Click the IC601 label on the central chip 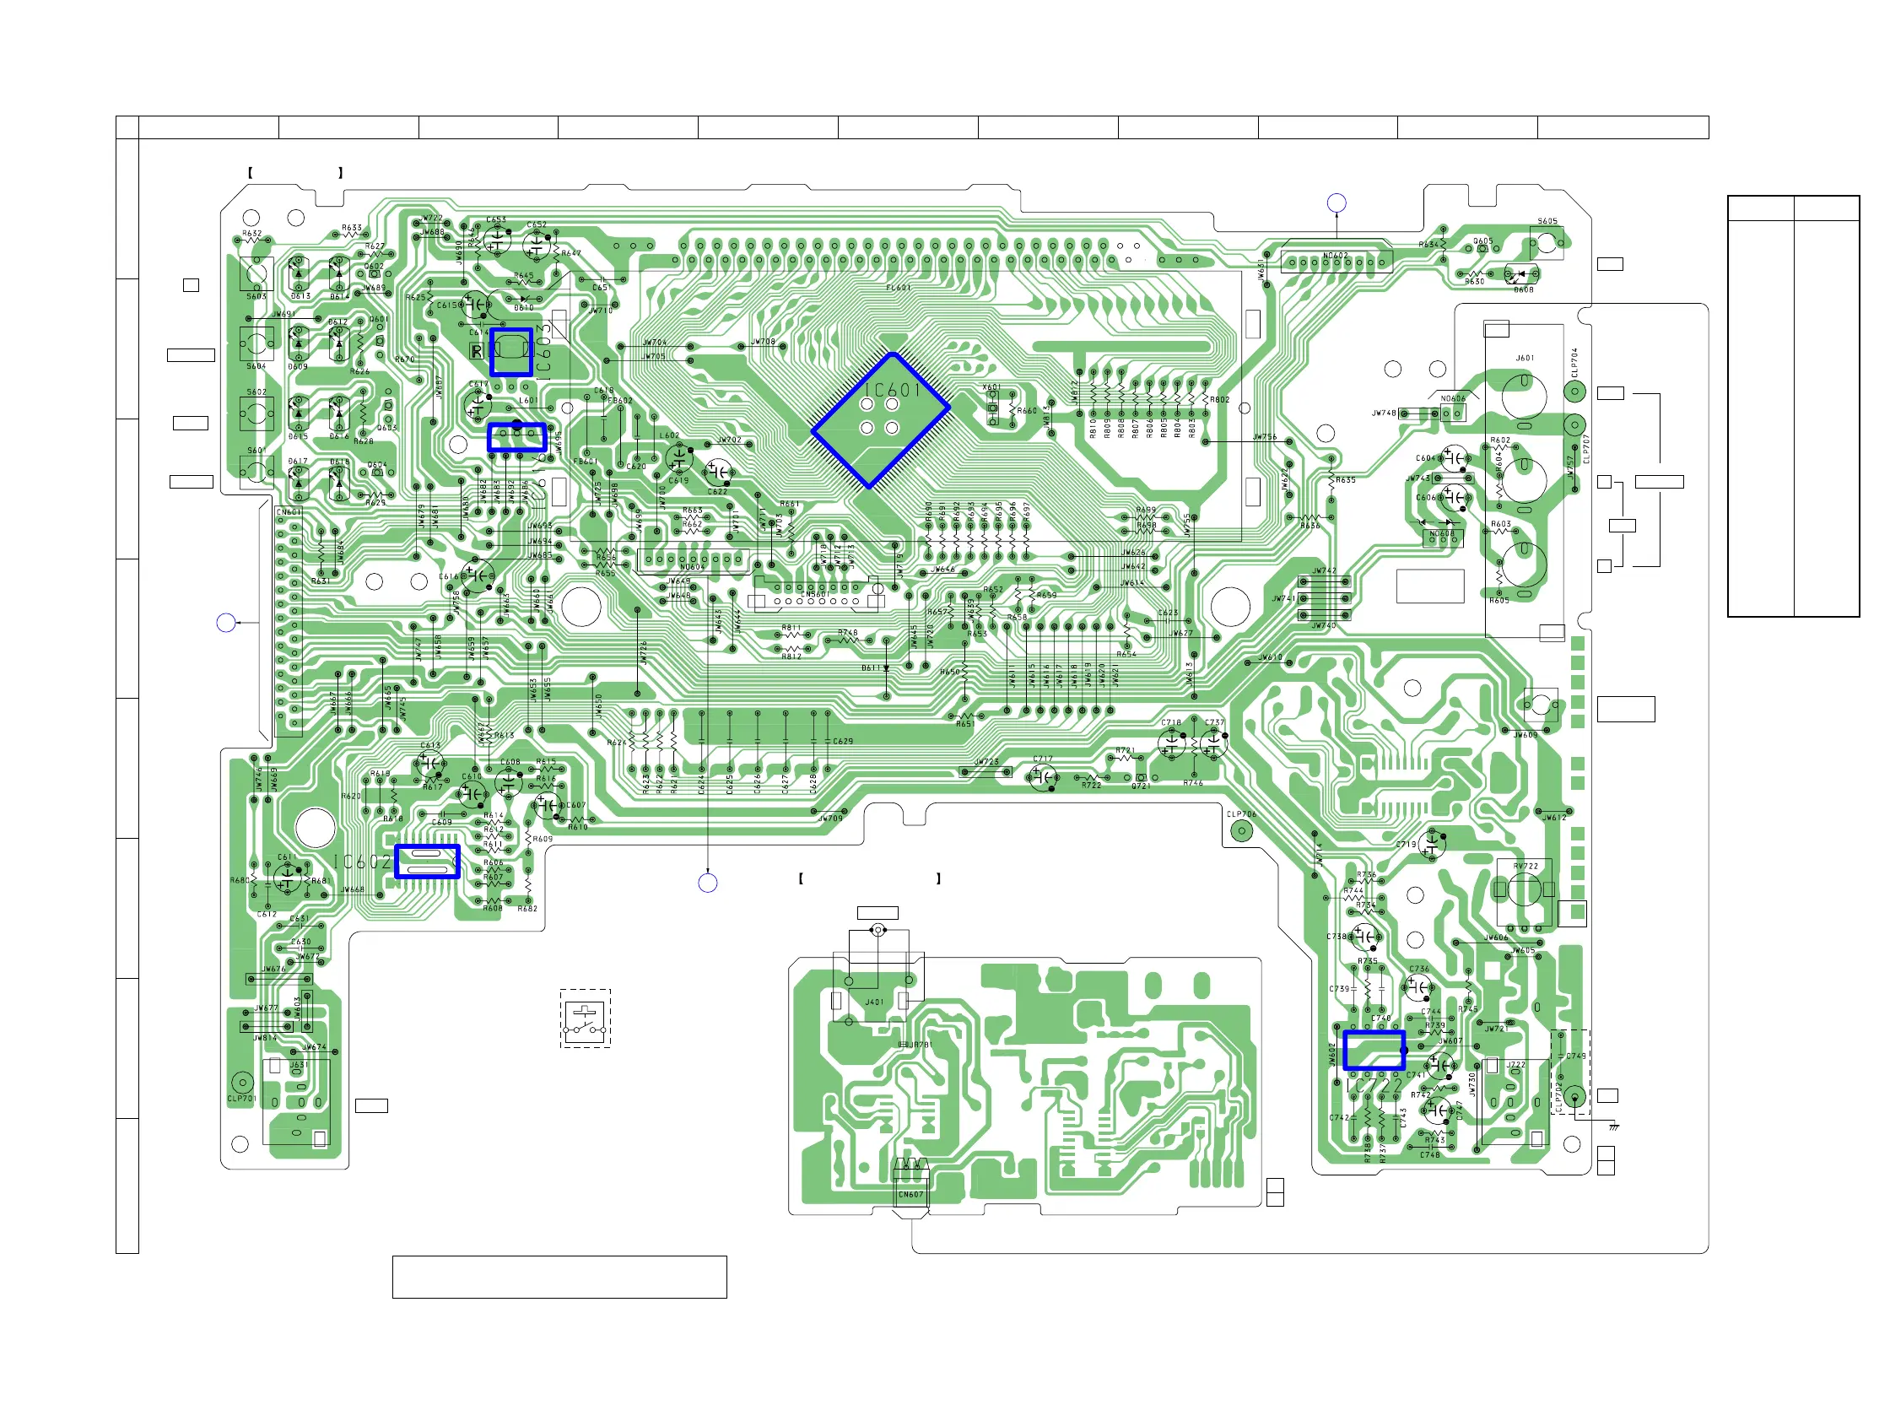click(x=891, y=391)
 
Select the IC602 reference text click(x=362, y=862)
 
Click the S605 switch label click(x=1547, y=221)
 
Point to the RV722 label click(x=1525, y=867)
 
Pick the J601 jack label click(x=1525, y=358)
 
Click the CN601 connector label click(x=289, y=513)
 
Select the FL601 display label click(x=898, y=288)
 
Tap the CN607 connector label click(x=910, y=1195)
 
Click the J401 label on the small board click(x=874, y=1002)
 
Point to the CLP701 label click(x=242, y=1099)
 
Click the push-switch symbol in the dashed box click(x=586, y=1018)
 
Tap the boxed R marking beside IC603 click(x=477, y=351)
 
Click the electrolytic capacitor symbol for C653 click(x=497, y=240)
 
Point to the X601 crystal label click(x=991, y=387)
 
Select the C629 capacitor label click(x=842, y=742)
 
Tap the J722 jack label click(x=1515, y=1065)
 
